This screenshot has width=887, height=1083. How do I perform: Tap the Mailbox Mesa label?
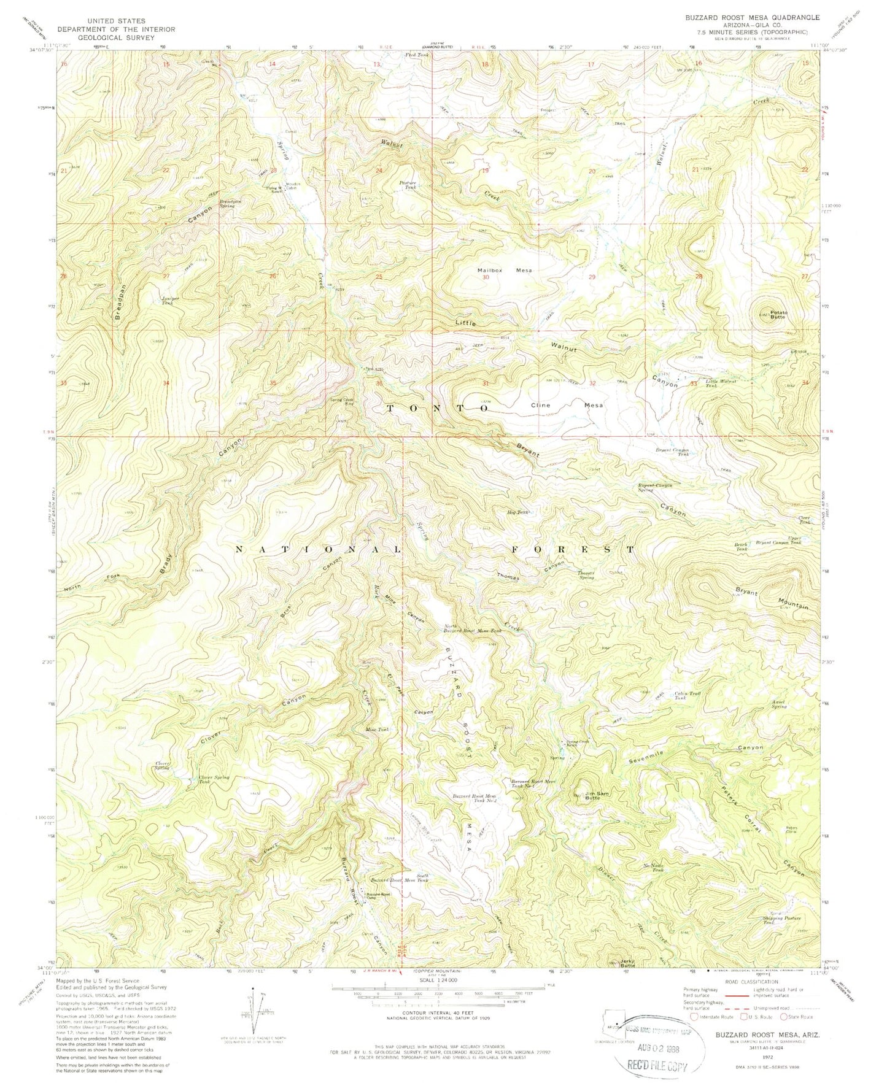coord(505,270)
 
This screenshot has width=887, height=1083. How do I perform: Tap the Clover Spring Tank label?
coord(213,780)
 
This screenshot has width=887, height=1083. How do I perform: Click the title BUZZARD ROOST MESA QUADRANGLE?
coord(752,19)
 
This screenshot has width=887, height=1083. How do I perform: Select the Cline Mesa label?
coord(567,406)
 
